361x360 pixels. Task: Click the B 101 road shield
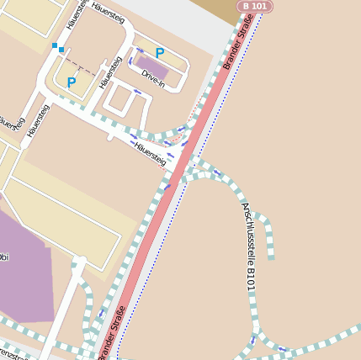click(256, 6)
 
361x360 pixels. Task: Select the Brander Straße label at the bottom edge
click(114, 333)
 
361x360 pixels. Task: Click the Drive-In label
click(153, 79)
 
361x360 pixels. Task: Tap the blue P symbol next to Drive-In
click(159, 53)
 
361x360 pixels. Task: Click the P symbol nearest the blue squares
click(72, 82)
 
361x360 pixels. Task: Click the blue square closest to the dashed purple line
click(61, 50)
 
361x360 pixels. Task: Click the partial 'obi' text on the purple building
click(4, 257)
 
